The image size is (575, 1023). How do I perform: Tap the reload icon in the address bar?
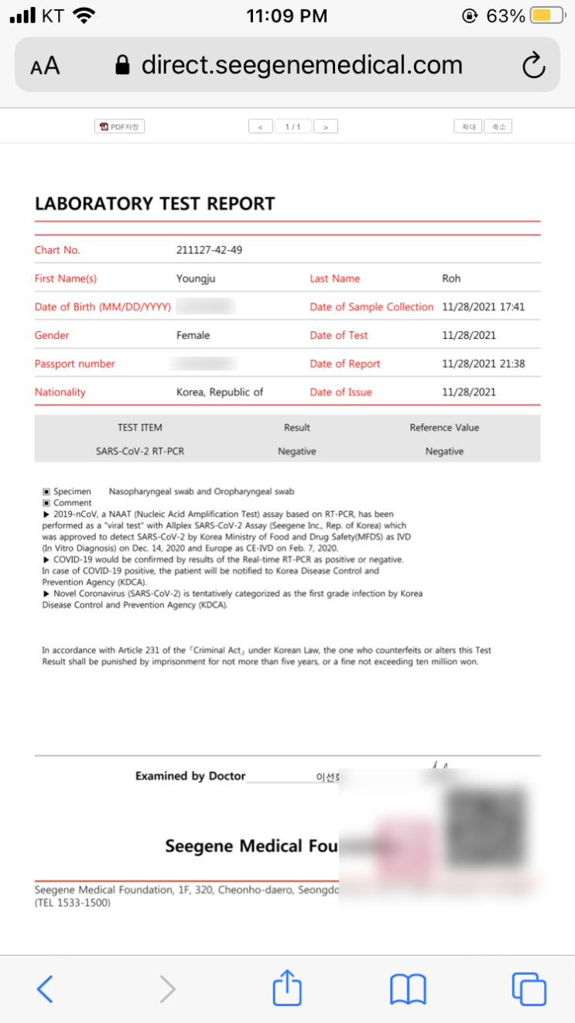click(534, 66)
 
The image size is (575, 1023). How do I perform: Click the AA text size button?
click(45, 66)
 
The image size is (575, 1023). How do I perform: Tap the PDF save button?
click(120, 126)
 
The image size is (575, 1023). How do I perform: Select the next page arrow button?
click(326, 126)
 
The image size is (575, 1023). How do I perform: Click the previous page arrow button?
click(260, 126)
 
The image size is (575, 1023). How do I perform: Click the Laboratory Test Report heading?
click(155, 204)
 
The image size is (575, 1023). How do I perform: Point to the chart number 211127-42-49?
click(209, 250)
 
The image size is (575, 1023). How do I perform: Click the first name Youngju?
click(197, 279)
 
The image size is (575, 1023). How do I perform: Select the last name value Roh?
click(451, 279)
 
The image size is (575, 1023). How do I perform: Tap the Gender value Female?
click(193, 335)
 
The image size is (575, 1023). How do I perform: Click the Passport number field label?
click(75, 364)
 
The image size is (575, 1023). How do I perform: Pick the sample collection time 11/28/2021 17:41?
click(483, 306)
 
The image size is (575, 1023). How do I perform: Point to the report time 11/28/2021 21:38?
click(483, 364)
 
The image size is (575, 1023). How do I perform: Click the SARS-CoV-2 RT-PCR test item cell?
click(141, 451)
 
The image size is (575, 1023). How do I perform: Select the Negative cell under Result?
click(296, 451)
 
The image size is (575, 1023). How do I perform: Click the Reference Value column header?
click(444, 427)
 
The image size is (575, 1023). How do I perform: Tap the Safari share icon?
click(287, 988)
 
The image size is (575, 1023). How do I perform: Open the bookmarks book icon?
click(408, 989)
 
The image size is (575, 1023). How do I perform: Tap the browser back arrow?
click(45, 989)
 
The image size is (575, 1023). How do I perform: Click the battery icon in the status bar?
click(542, 15)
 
